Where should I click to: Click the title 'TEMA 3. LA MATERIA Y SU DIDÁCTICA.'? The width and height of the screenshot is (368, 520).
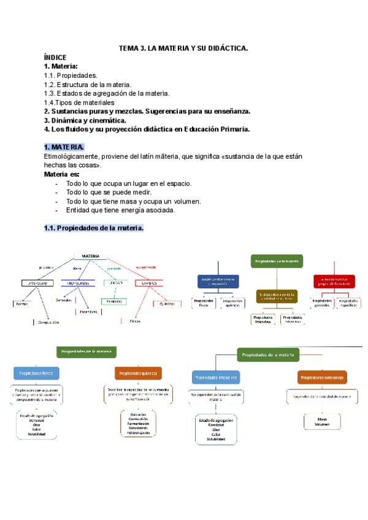183,48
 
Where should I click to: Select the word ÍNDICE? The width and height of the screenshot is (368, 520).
55,57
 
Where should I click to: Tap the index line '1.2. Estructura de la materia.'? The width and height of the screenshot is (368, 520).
87,84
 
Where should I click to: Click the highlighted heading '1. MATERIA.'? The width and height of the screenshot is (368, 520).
64,147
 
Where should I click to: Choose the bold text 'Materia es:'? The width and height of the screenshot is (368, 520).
62,174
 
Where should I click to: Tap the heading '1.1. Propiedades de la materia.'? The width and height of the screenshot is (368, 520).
94,228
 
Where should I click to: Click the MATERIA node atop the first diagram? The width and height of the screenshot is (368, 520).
90,256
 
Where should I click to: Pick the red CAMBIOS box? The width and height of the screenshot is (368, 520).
149,283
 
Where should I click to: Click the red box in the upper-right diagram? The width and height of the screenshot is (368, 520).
334,281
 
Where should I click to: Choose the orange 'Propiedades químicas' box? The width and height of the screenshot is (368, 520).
138,373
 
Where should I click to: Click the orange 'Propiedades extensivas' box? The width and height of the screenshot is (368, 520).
322,378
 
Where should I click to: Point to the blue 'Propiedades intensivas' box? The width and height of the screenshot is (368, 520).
216,378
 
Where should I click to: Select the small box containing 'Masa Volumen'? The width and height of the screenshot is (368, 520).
322,421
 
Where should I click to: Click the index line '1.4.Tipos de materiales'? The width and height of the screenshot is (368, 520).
79,102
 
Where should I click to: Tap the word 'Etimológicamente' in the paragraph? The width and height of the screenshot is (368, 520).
69,156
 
